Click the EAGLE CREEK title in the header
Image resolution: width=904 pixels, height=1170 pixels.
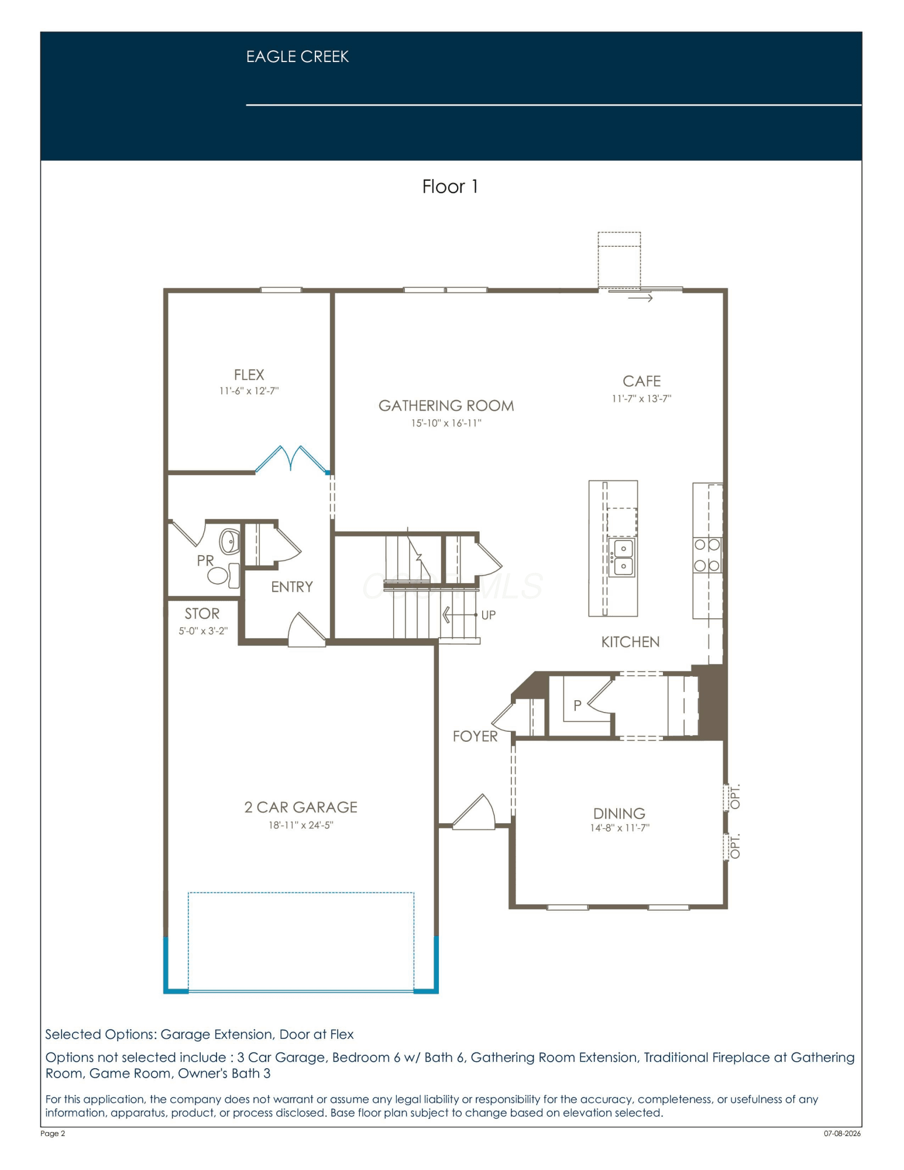coord(297,57)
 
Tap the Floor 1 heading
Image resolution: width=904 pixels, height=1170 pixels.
coord(450,187)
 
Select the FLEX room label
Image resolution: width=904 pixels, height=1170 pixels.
coord(249,374)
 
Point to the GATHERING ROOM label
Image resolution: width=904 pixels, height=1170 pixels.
coord(446,405)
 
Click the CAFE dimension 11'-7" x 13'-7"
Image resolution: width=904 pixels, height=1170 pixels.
coord(641,399)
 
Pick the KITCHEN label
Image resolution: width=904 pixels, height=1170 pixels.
coord(630,642)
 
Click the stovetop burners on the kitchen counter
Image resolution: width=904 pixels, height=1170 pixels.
coord(707,555)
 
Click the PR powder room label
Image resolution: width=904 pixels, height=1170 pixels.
coord(205,560)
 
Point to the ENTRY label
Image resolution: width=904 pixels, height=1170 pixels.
coord(292,587)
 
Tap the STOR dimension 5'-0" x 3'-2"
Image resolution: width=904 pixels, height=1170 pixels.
coord(203,631)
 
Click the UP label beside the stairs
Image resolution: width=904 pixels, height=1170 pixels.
coord(489,615)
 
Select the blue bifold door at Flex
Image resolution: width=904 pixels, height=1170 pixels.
coord(291,459)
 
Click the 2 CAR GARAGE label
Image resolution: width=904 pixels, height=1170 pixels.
coord(301,807)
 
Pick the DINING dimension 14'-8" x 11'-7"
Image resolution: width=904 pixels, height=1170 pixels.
coord(620,828)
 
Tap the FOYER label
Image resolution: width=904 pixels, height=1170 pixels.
coord(475,736)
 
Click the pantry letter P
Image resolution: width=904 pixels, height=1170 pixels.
coord(578,706)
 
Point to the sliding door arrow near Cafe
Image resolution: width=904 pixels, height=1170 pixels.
coord(640,298)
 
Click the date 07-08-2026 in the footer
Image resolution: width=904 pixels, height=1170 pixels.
coord(842,1133)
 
